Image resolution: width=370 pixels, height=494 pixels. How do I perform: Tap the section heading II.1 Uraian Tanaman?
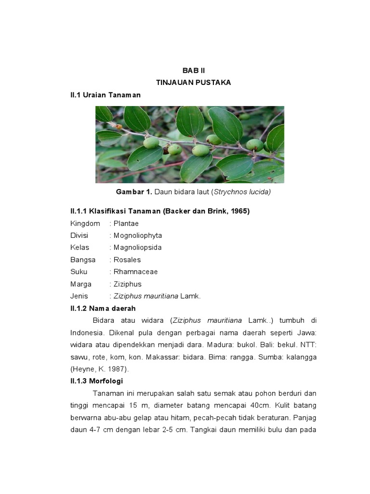(x=106, y=95)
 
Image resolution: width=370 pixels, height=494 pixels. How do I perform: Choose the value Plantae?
(x=126, y=223)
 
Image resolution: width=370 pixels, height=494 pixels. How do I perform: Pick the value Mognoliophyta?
(x=138, y=235)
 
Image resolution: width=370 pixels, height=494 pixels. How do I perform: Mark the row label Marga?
(x=81, y=284)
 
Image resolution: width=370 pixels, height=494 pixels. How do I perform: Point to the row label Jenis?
(x=79, y=296)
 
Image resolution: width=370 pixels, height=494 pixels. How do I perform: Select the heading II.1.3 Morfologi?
(x=97, y=381)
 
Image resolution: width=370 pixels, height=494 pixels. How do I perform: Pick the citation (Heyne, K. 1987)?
(x=100, y=369)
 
